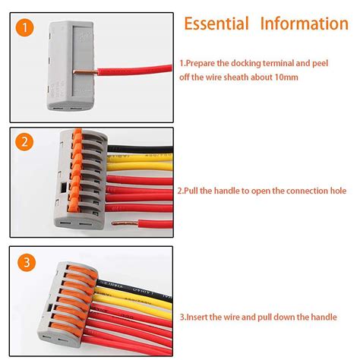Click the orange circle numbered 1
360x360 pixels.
pyautogui.click(x=27, y=30)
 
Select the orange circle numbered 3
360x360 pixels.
pyautogui.click(x=27, y=263)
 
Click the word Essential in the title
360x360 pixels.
pyautogui.click(x=216, y=24)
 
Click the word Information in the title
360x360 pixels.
pyautogui.click(x=304, y=24)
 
